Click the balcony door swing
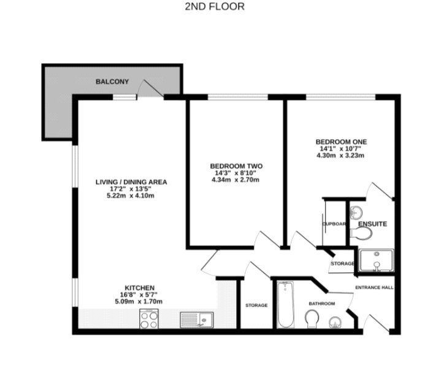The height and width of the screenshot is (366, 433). pos(151,89)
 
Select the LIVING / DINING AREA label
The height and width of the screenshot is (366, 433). pos(131,182)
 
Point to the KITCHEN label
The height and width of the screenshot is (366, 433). pos(139,288)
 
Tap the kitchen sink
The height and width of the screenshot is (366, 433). pos(196,319)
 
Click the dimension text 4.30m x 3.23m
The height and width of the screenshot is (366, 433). pos(340,156)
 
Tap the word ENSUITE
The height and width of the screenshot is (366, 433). pos(372,224)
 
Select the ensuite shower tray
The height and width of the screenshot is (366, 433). pos(374,261)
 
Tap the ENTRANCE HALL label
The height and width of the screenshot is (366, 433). pos(374,287)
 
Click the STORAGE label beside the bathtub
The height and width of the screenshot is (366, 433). pos(256,305)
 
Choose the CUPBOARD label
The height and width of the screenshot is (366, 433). pos(334,224)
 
